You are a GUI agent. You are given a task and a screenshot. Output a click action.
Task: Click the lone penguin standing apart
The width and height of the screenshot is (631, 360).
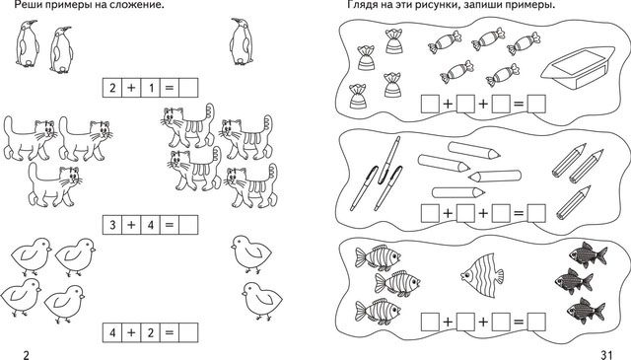(242, 41)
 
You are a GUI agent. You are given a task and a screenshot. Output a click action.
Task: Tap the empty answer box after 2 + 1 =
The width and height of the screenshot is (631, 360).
(188, 88)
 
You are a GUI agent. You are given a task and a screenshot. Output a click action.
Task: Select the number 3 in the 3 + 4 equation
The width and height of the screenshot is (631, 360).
(112, 225)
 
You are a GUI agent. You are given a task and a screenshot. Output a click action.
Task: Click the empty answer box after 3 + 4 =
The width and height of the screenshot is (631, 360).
(188, 225)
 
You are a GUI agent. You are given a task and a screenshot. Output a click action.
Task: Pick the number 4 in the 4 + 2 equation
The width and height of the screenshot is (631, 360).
(112, 332)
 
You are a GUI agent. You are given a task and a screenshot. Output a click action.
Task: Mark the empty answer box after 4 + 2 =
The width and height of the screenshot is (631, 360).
(188, 332)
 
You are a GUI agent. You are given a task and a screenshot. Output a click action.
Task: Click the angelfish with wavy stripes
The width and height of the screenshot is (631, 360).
(482, 275)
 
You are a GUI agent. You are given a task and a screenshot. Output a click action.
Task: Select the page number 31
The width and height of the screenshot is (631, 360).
(606, 354)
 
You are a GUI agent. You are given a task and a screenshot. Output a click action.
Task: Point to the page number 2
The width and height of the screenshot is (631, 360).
(27, 354)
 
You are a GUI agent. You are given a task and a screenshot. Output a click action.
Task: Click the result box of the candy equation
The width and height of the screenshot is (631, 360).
(536, 104)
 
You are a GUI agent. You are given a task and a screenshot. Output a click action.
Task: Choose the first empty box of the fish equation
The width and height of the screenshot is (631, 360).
(430, 322)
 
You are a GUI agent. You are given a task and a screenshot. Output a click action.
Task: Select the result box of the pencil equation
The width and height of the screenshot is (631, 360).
(536, 213)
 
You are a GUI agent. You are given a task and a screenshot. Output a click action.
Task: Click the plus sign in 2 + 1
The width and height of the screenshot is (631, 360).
(131, 88)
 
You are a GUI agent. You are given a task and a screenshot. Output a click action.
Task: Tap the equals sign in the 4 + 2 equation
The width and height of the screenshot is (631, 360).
(169, 333)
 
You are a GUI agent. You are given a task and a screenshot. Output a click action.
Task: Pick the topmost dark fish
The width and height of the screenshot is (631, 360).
(588, 254)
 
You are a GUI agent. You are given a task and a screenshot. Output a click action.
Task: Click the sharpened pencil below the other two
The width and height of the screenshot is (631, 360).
(574, 202)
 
